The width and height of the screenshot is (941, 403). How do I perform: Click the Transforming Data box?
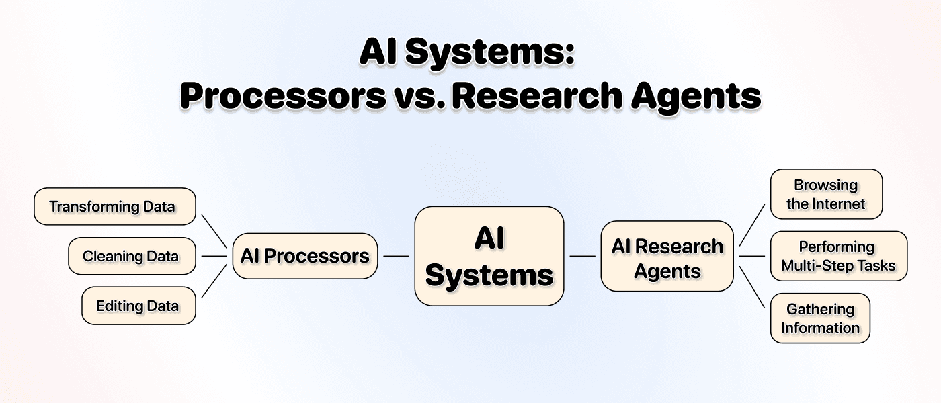(115, 206)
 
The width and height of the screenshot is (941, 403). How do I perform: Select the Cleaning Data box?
(132, 256)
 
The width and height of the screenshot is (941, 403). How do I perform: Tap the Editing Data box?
(138, 306)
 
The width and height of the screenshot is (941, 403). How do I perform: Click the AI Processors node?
(305, 256)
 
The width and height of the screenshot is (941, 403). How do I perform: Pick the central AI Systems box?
(489, 256)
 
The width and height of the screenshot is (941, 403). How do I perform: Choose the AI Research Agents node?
(667, 256)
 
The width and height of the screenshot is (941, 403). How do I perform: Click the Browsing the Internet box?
(826, 194)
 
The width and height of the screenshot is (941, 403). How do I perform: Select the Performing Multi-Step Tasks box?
(839, 256)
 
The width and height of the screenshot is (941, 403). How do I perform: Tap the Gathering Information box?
(820, 318)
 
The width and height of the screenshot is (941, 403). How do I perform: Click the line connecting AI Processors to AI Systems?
(396, 256)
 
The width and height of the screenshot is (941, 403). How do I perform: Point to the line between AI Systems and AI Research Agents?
(582, 256)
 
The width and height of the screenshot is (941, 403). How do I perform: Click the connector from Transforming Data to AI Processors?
(214, 231)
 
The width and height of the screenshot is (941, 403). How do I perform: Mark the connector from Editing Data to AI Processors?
(214, 281)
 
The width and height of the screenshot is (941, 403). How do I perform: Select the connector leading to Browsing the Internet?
(752, 225)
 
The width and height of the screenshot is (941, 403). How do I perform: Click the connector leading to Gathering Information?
(752, 287)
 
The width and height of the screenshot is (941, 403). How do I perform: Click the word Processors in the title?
(283, 96)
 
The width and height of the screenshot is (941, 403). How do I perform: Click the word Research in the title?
(537, 96)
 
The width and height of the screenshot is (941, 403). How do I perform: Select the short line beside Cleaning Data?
(214, 256)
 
